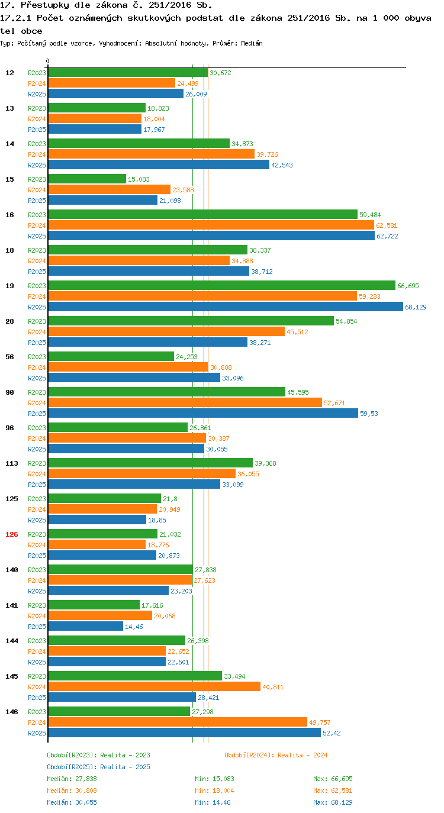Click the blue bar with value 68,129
(x=226, y=307)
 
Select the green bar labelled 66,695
(x=222, y=285)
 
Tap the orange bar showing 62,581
(x=211, y=225)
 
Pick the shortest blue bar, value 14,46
(x=86, y=626)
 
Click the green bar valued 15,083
(x=87, y=179)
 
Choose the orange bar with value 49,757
(x=178, y=722)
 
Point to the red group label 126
(x=12, y=534)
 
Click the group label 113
(x=12, y=463)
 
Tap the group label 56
(x=10, y=357)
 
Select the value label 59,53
(x=369, y=414)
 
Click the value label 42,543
(x=282, y=164)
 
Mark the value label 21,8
(x=170, y=499)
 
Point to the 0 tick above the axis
(x=47, y=61)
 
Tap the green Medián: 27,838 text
(x=72, y=779)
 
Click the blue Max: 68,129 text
(x=333, y=802)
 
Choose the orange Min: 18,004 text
(x=214, y=790)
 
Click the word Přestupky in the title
(x=44, y=5)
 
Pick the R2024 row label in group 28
(x=37, y=332)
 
